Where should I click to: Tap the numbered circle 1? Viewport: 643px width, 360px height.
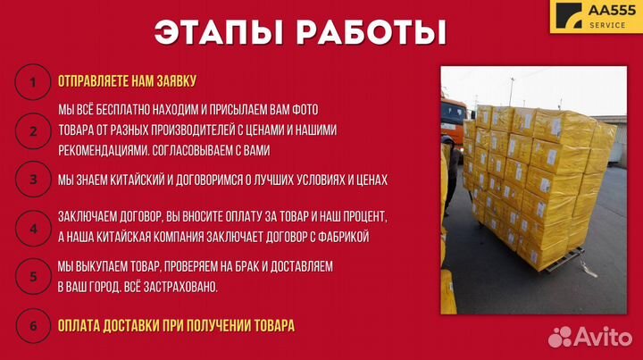coord(33,83)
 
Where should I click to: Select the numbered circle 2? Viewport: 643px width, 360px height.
coord(33,130)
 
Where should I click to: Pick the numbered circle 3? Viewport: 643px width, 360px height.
coord(33,180)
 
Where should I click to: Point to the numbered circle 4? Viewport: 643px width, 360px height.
coord(33,227)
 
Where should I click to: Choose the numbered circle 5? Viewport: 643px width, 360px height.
coord(33,276)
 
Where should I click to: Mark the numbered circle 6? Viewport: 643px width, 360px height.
coord(33,325)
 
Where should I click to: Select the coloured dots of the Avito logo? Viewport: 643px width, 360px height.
coord(561,337)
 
